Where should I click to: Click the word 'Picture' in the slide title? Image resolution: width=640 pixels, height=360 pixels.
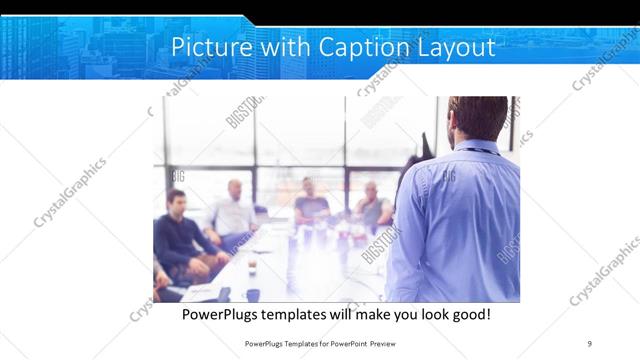pyautogui.click(x=204, y=47)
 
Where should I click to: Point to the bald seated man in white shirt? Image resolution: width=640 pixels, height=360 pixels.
pyautogui.click(x=235, y=208)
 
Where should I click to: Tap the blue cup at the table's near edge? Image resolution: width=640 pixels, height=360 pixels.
pyautogui.click(x=253, y=294)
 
